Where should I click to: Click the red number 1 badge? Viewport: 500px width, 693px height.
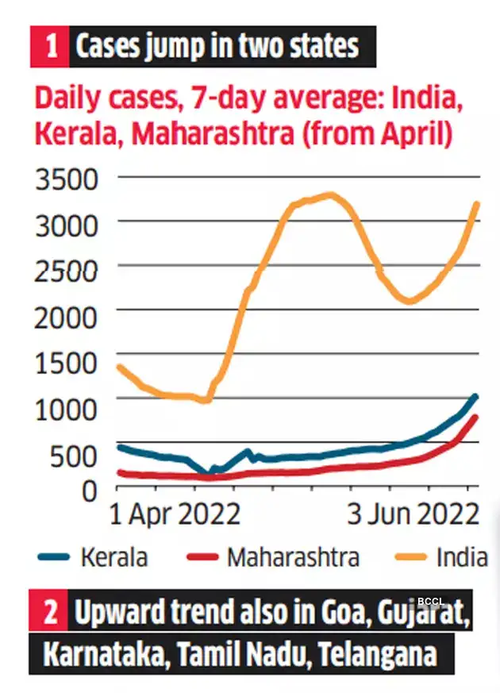[x=49, y=47]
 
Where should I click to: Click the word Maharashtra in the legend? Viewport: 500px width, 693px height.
[x=293, y=557]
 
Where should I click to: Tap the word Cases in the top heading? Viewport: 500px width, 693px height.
[x=109, y=48]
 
